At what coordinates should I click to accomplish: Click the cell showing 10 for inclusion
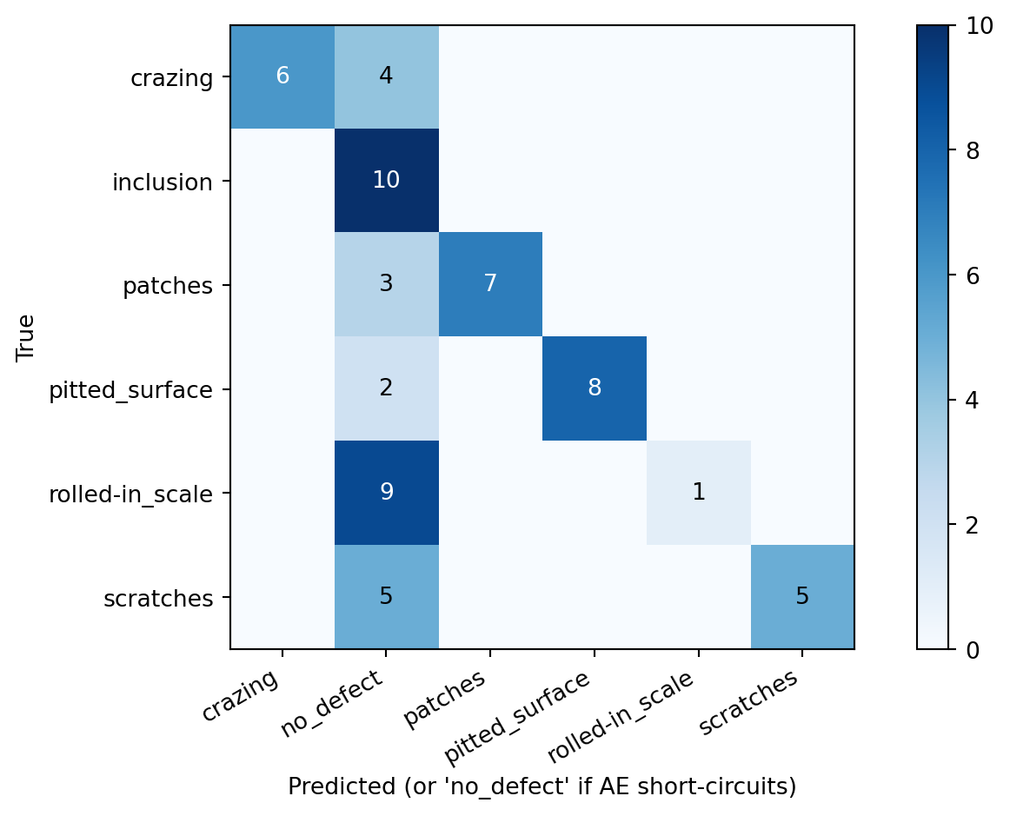[386, 181]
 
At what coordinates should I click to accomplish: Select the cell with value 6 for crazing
[282, 76]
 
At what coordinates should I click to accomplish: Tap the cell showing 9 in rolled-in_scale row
[386, 493]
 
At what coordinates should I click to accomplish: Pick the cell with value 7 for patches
[490, 284]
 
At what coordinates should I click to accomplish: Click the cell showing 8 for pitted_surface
[595, 388]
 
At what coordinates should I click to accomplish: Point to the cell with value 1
[698, 493]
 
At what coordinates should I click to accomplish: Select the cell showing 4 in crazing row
[386, 76]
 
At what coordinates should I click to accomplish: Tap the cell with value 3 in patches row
[386, 284]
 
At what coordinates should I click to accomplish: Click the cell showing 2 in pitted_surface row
[386, 388]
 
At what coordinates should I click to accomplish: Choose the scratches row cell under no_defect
[386, 597]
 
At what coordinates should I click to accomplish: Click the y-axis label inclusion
[163, 182]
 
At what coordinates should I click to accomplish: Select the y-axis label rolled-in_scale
[131, 494]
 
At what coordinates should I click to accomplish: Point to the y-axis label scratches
[158, 599]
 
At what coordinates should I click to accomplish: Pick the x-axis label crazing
[242, 696]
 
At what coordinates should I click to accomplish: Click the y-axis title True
[25, 337]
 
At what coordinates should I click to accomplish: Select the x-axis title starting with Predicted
[542, 786]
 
